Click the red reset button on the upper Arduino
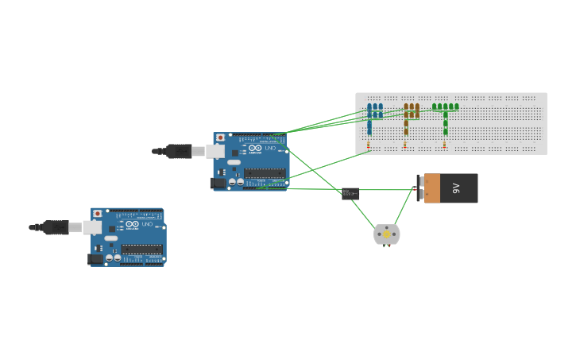click(220, 137)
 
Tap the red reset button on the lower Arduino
click(98, 214)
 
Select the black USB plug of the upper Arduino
click(178, 151)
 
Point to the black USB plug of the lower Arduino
click(56, 227)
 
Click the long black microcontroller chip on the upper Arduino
click(265, 172)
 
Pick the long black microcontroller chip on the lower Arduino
click(142, 249)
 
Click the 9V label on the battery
click(456, 188)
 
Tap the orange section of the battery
click(432, 188)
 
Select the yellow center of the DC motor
click(387, 234)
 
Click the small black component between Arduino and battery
click(350, 193)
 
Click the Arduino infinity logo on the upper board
click(255, 148)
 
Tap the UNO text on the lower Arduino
click(147, 224)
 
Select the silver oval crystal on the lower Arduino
click(111, 238)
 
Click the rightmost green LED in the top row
click(456, 106)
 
